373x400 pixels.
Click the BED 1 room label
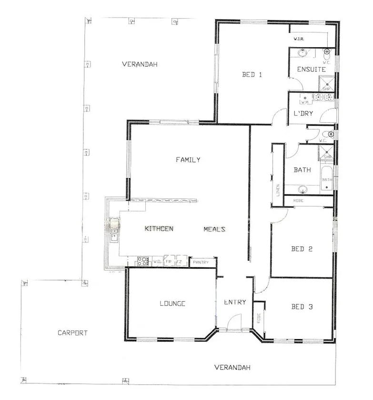(252, 74)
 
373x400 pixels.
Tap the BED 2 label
(302, 248)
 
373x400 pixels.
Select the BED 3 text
(302, 307)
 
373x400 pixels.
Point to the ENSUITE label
(311, 70)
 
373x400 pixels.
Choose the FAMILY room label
(188, 160)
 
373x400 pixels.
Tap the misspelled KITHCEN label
(159, 229)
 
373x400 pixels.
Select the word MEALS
(214, 229)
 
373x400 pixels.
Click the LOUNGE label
(172, 303)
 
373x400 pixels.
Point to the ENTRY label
(235, 302)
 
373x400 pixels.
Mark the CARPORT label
(72, 333)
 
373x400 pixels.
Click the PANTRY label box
(202, 262)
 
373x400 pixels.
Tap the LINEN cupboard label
(278, 190)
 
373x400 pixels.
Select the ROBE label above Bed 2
(299, 201)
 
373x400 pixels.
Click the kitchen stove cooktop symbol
(143, 261)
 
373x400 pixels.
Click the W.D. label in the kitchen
(157, 261)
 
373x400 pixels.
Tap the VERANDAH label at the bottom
(232, 368)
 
